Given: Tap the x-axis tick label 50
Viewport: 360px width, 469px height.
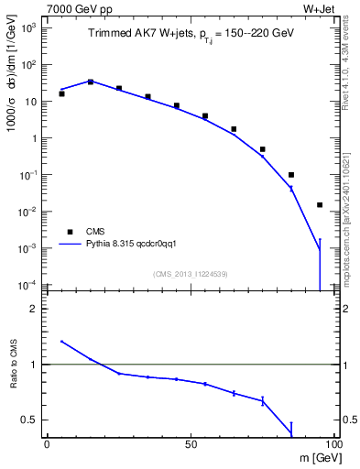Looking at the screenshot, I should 190,442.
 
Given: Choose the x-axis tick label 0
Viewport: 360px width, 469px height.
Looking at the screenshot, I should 47,442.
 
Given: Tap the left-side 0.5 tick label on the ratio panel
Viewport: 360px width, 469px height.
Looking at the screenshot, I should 31,420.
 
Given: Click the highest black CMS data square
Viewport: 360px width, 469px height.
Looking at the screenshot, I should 91,82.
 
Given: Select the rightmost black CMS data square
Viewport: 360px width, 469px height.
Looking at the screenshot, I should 320,205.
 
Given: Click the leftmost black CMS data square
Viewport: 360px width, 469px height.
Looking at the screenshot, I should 61,93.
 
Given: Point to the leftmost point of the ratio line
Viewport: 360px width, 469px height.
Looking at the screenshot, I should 61,341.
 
